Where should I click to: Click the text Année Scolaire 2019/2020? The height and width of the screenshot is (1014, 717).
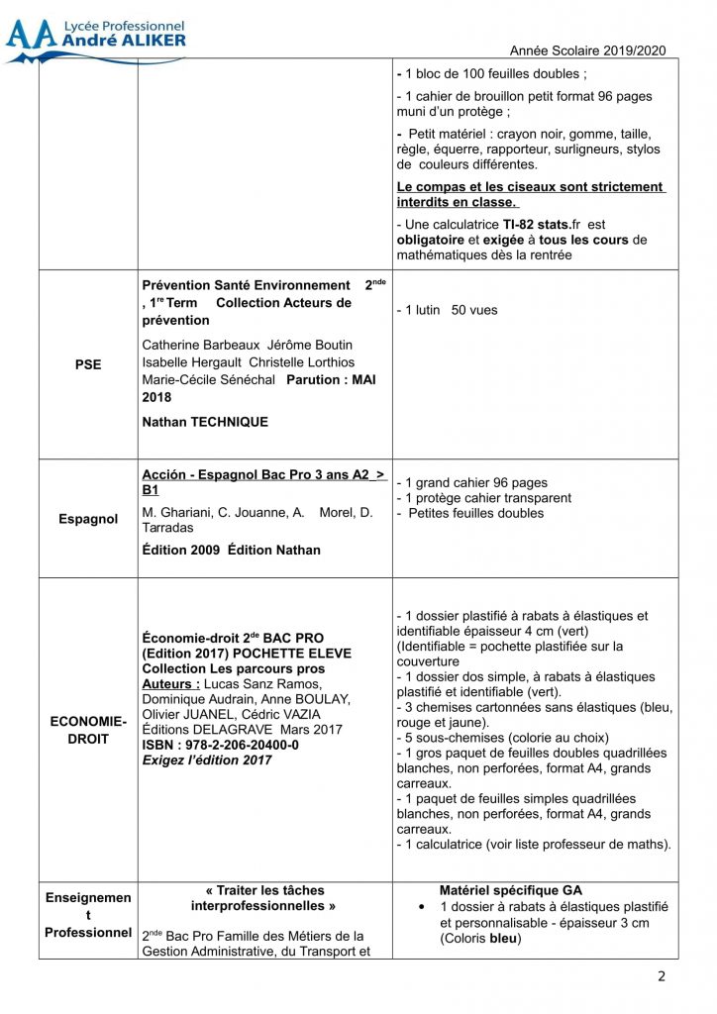588,51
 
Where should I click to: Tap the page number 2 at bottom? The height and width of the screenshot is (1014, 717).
662,976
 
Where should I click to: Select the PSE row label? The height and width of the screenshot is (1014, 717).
88,364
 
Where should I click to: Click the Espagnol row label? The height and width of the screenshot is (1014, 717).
88,519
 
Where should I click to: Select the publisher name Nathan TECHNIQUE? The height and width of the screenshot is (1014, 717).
205,422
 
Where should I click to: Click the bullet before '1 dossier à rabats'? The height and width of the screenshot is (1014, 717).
423,907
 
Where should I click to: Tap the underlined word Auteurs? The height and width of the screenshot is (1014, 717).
170,683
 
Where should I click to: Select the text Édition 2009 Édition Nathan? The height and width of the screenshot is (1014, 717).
232,550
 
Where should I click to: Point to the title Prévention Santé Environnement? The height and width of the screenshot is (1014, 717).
247,285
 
